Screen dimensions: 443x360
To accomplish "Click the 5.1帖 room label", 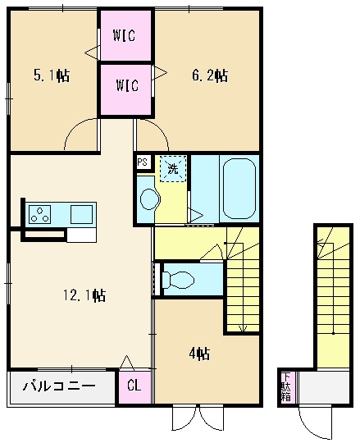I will tap(51, 76).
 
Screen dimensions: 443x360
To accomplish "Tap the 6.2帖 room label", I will tap(209, 76).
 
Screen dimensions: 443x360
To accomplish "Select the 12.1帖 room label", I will tap(86, 295).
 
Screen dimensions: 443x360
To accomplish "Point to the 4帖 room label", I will tap(198, 354).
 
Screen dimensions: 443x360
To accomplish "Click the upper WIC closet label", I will tap(125, 36).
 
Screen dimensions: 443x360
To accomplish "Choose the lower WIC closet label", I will tap(126, 84).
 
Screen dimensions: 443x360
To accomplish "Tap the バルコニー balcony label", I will tap(58, 386).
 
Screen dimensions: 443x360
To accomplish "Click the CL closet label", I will tap(134, 386).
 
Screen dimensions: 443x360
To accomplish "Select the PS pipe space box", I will tap(142, 162).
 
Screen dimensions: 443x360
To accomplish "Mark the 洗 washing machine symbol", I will tap(172, 169).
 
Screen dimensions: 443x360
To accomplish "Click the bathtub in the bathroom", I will tap(238, 189).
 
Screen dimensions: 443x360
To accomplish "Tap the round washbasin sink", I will tap(148, 199).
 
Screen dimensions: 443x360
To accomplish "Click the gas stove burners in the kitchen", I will tap(39, 215).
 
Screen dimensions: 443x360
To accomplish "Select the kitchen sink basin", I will tap(81, 214).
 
